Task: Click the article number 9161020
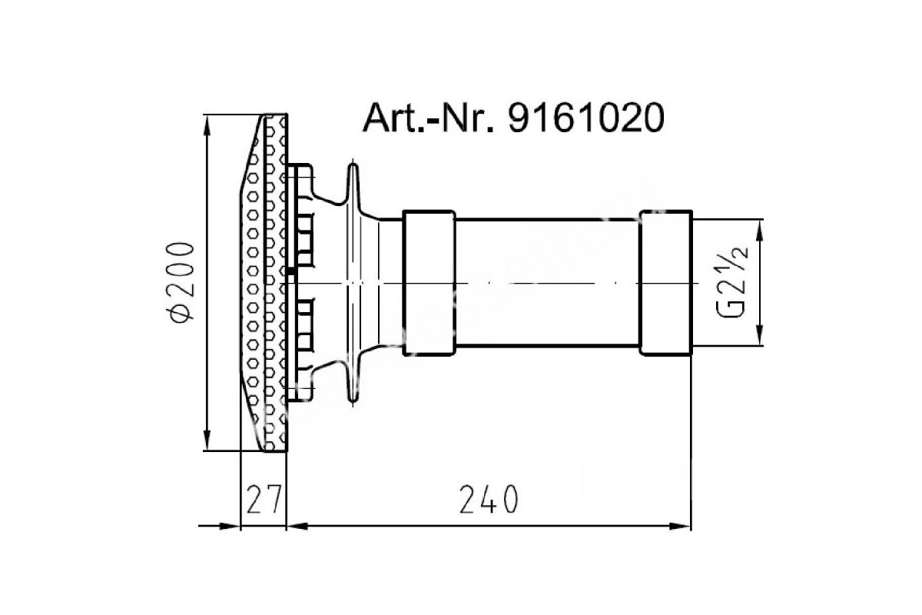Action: coord(586,118)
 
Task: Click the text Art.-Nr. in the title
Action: coord(428,118)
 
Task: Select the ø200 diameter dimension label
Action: coord(181,283)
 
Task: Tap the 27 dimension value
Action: coord(264,500)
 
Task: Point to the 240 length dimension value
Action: coord(489,500)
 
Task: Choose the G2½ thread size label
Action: coord(734,283)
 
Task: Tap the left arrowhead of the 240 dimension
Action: coord(297,527)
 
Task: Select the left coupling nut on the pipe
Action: coord(429,283)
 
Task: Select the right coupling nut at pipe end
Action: coord(666,283)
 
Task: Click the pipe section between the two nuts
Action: coord(547,283)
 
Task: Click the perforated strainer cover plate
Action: coord(264,283)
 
